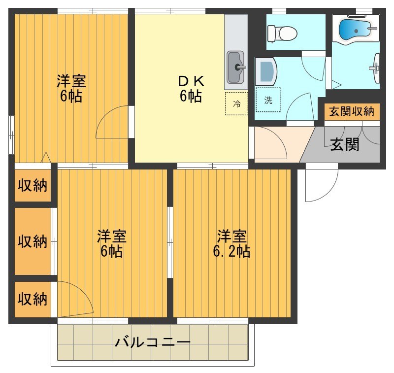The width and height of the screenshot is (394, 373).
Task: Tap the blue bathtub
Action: [355, 31]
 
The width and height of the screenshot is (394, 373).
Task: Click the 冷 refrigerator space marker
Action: [237, 103]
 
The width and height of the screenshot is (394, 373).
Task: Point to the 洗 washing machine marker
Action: [268, 100]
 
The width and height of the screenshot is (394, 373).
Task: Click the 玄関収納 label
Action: [352, 111]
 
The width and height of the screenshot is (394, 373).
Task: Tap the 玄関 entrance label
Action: [345, 144]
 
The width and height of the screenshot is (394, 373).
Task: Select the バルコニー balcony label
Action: [153, 342]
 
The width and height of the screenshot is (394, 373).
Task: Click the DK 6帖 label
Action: [191, 89]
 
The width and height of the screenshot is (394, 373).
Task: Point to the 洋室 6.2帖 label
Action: [231, 244]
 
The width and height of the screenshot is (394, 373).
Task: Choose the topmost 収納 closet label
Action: [33, 185]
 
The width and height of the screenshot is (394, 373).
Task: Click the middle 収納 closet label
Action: [33, 241]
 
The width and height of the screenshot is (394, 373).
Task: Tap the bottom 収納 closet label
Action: [33, 299]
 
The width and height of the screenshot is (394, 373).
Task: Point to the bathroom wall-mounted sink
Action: [376, 68]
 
